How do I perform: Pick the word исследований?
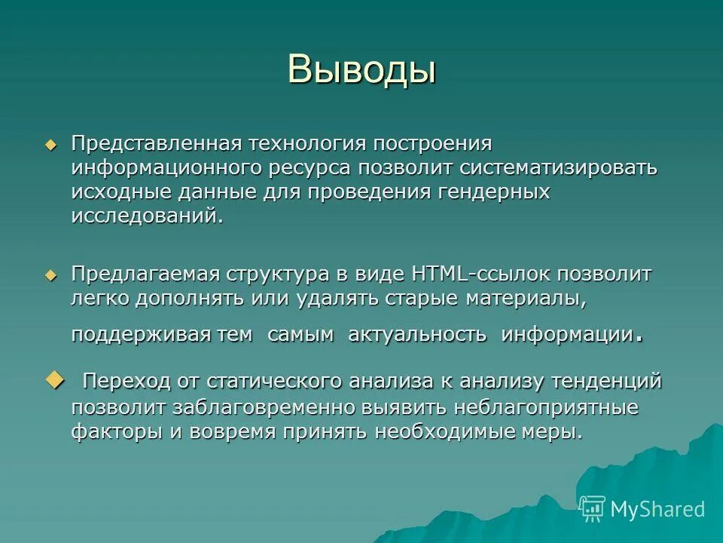(x=148, y=216)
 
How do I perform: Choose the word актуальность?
(x=416, y=335)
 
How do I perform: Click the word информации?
(x=566, y=335)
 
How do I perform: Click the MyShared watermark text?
(x=657, y=509)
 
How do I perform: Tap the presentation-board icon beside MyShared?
(x=593, y=509)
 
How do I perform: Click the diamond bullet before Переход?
(x=56, y=379)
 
